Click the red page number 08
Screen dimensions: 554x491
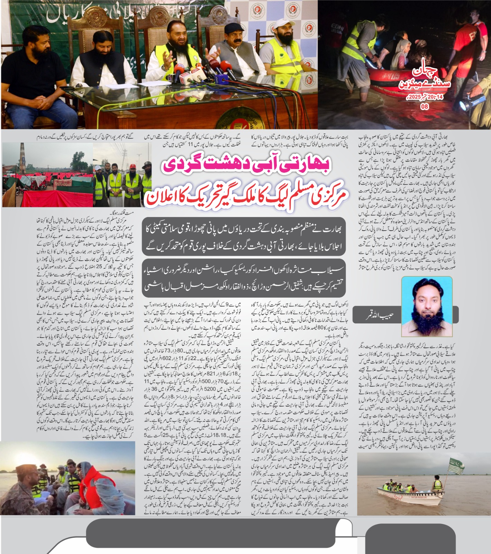pos(425,107)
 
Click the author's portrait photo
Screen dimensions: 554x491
pos(427,307)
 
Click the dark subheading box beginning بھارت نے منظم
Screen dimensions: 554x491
pos(244,236)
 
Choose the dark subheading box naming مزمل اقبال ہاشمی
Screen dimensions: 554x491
pos(244,277)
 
